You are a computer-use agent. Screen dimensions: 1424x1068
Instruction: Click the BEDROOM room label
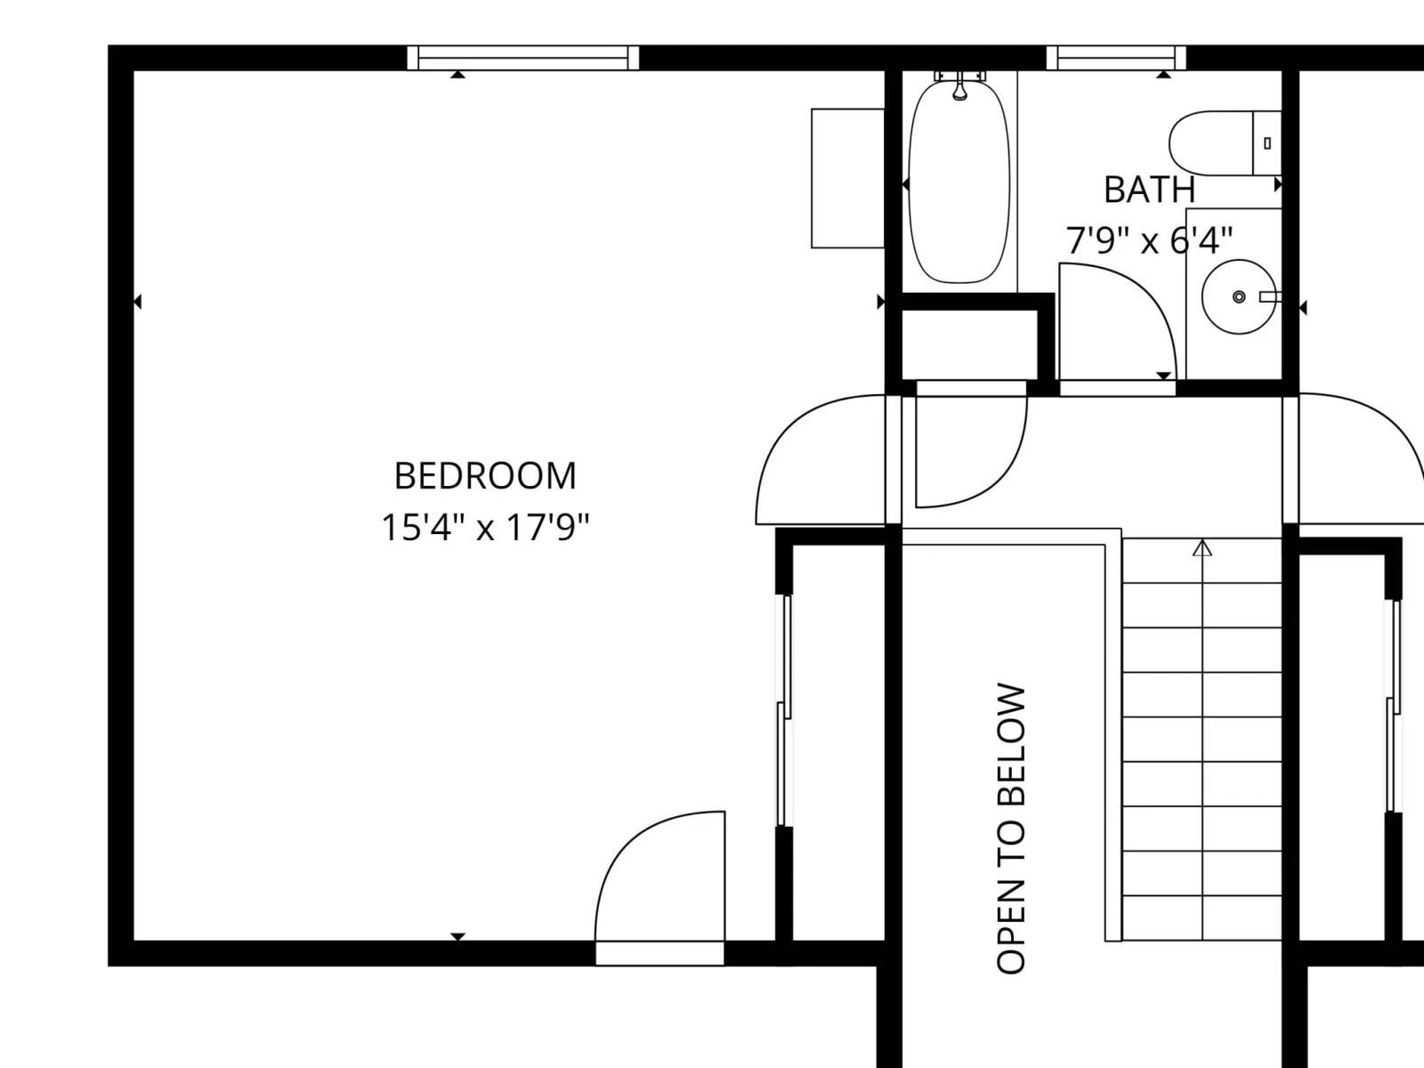coord(485,476)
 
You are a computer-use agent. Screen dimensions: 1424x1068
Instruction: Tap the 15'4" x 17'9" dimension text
coord(485,527)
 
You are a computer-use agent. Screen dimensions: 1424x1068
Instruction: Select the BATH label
coord(1150,190)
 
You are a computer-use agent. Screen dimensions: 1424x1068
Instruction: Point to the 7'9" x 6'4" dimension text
coord(1149,240)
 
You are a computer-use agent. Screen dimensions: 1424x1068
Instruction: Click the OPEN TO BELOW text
coord(1011,828)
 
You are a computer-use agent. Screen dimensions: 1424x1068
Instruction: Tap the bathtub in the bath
coord(959,181)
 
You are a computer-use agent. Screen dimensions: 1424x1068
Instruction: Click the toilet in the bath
coord(1225,143)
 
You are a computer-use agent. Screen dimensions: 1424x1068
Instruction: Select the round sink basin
coord(1239,297)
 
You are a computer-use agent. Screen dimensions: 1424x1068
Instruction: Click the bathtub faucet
coord(959,85)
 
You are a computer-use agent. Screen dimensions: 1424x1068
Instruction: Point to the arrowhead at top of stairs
coord(1202,548)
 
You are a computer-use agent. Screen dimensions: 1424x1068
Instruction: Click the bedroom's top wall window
coord(523,58)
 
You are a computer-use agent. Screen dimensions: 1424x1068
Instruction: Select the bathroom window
coord(1116,58)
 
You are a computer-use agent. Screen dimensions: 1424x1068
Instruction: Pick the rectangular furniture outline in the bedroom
coord(848,178)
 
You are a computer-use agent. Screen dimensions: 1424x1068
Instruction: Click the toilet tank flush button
coord(1267,143)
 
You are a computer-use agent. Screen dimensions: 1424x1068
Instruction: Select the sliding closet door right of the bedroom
coord(784,711)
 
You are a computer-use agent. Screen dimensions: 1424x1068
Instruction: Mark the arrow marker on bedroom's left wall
coord(137,303)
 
